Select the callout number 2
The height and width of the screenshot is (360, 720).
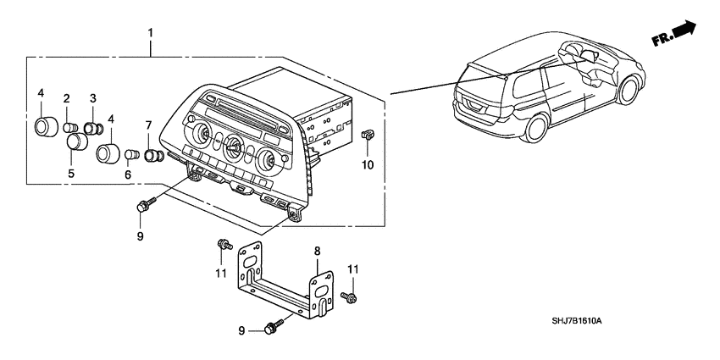coord(66,100)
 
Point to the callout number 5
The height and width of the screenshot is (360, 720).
coord(71,173)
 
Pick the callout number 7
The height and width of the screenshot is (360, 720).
coord(148,125)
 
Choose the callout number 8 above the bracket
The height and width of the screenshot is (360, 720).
coord(317,251)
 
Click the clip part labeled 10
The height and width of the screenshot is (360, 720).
coord(369,134)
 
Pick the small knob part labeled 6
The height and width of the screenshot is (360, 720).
coord(132,155)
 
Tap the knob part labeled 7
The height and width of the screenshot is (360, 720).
coord(154,156)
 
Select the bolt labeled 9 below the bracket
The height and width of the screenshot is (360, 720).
coord(275,325)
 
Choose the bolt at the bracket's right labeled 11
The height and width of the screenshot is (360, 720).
coord(350,297)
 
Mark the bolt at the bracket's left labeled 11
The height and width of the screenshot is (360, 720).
coord(224,245)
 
